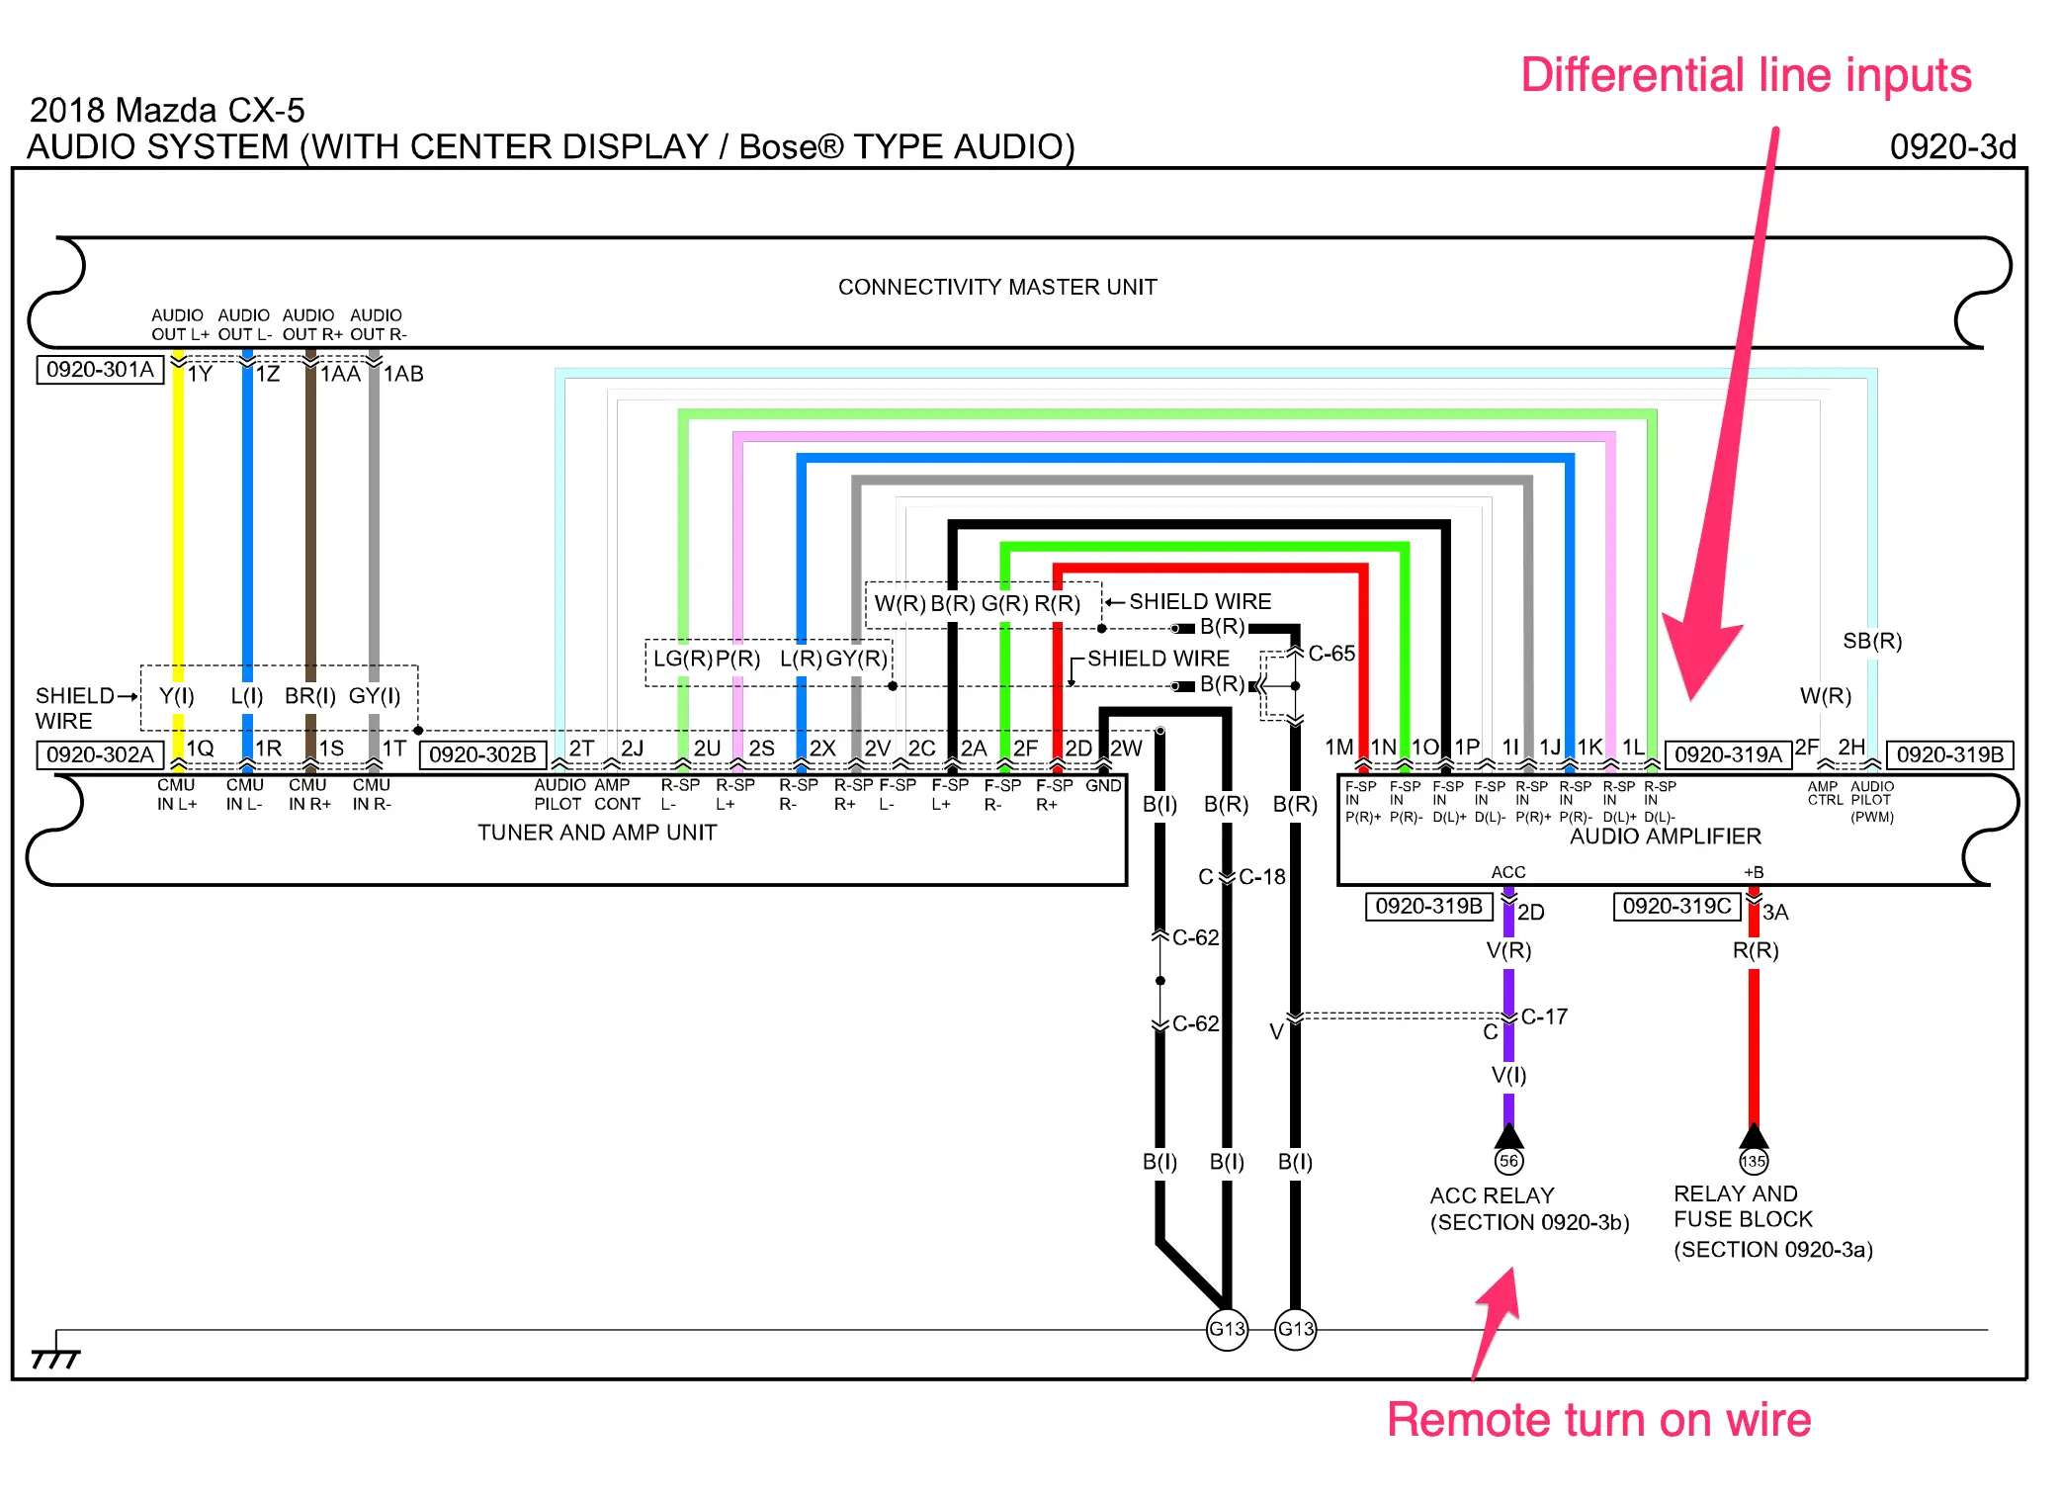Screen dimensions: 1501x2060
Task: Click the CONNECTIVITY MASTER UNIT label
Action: click(x=996, y=287)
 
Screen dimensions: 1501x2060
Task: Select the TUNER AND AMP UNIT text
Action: click(x=597, y=833)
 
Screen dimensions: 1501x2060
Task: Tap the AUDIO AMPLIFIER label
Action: click(x=1665, y=837)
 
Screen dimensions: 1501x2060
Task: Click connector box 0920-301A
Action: click(x=100, y=370)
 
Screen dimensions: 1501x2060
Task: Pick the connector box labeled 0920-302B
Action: click(x=482, y=754)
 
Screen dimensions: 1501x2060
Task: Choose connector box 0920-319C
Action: click(x=1676, y=906)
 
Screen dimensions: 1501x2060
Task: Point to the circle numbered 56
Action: click(x=1508, y=1161)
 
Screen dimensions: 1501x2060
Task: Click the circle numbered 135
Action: click(x=1754, y=1161)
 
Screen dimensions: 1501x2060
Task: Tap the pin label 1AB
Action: click(x=403, y=374)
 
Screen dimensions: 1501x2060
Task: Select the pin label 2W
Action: click(x=1126, y=749)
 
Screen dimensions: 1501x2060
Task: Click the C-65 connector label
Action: click(x=1331, y=654)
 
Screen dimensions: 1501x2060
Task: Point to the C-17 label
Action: click(x=1544, y=1016)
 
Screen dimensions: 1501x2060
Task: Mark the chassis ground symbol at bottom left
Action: click(x=55, y=1357)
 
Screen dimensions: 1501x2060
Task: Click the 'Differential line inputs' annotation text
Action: click(x=1746, y=76)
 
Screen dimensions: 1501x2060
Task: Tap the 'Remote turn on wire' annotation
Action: click(x=1598, y=1420)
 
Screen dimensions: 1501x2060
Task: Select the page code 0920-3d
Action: click(x=1952, y=147)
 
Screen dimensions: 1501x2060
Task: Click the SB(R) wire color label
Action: click(x=1872, y=641)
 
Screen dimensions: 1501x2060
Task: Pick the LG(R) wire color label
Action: click(x=682, y=659)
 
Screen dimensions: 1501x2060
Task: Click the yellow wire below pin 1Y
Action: click(x=178, y=514)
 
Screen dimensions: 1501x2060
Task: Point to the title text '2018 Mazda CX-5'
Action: click(x=167, y=110)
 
